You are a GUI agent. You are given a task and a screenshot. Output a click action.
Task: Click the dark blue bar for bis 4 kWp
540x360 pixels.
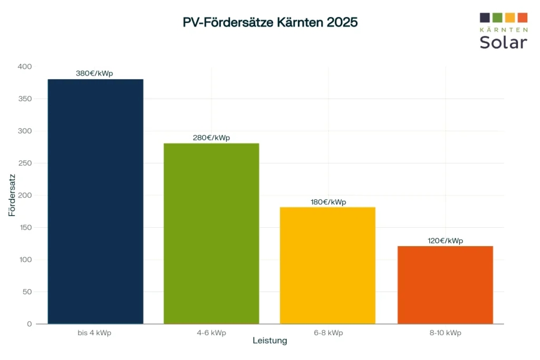pos(95,201)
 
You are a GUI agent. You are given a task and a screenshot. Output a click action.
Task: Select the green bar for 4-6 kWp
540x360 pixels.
pos(211,233)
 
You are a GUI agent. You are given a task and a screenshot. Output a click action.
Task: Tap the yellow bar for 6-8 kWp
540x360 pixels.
pos(327,265)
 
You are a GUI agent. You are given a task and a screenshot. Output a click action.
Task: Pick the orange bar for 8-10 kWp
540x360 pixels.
pos(445,285)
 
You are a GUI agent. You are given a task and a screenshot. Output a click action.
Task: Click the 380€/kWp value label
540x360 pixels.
pos(94,73)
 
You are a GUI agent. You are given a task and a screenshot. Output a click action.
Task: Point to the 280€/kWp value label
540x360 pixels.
pos(211,138)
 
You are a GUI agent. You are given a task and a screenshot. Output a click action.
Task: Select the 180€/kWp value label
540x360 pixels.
pos(328,202)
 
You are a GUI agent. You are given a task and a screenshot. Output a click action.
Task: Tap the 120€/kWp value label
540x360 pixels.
pos(445,240)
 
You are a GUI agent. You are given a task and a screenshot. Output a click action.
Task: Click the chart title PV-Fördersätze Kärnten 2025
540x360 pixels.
pos(270,23)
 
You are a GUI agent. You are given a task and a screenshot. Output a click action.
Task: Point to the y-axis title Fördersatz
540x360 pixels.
pos(12,195)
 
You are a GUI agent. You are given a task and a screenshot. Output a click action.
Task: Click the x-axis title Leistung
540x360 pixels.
pos(270,340)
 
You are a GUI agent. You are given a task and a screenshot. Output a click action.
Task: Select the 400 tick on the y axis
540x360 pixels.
pos(25,67)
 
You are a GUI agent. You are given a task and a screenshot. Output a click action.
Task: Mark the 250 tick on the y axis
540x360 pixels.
pos(25,163)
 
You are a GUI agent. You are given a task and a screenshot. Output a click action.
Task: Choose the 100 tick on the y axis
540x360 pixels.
pos(25,260)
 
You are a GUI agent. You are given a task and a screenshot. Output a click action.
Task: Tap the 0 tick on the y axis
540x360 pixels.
pos(30,324)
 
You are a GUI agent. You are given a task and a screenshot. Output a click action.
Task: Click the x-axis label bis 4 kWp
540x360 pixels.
pos(94,333)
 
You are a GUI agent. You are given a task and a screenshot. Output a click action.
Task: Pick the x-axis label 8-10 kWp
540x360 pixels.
pos(445,333)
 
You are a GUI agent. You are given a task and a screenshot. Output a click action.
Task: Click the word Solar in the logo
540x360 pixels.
pos(503,42)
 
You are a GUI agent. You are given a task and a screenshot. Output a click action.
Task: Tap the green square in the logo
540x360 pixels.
pos(497,17)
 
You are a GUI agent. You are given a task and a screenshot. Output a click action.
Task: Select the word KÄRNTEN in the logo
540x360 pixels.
pos(503,29)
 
